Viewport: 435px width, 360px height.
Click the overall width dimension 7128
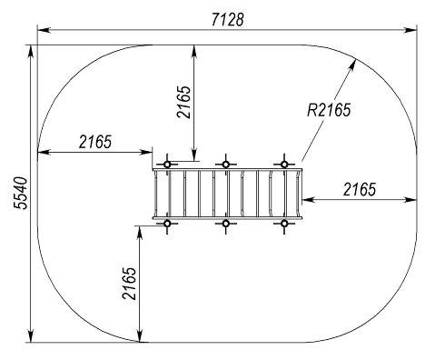pos(227,20)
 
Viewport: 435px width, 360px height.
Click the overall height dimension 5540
pos(21,193)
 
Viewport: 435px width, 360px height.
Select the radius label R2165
pos(329,110)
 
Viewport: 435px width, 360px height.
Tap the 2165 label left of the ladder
pos(95,142)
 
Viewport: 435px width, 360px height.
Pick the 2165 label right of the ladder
pos(360,190)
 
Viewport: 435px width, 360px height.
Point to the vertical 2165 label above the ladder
pos(184,102)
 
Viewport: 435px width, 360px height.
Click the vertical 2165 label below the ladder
pos(129,284)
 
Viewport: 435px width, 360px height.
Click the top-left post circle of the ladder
pos(167,165)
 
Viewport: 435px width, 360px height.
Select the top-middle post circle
pos(225,165)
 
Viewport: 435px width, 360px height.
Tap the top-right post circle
pos(284,165)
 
